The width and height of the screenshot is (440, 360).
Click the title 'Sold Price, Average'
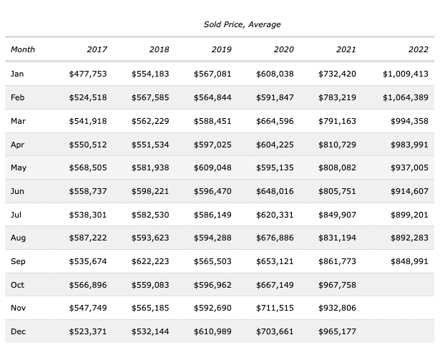(242, 24)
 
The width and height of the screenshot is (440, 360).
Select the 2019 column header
(221, 49)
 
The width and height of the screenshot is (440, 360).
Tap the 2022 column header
(419, 49)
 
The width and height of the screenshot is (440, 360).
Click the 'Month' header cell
(23, 49)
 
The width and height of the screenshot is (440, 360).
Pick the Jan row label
(17, 74)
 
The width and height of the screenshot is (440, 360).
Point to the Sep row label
(18, 261)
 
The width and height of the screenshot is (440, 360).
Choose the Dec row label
(18, 331)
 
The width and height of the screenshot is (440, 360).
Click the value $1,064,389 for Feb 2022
(405, 97)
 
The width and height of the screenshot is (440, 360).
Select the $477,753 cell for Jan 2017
(87, 74)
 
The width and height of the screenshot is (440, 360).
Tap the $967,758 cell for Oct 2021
(337, 285)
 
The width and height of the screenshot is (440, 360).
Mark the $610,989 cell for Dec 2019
(212, 331)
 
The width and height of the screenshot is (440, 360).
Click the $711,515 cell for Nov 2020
(275, 308)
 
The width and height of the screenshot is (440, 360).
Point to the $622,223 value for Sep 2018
(150, 261)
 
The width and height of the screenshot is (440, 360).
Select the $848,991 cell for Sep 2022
(409, 261)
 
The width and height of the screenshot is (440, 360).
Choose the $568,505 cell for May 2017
(87, 167)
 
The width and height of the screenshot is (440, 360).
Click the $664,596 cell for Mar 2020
(275, 121)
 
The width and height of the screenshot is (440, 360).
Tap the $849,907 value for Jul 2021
(337, 215)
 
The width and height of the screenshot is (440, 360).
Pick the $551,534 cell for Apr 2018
(150, 145)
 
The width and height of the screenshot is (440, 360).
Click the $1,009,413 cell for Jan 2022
(405, 74)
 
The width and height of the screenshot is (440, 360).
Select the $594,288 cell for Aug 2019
(212, 238)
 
